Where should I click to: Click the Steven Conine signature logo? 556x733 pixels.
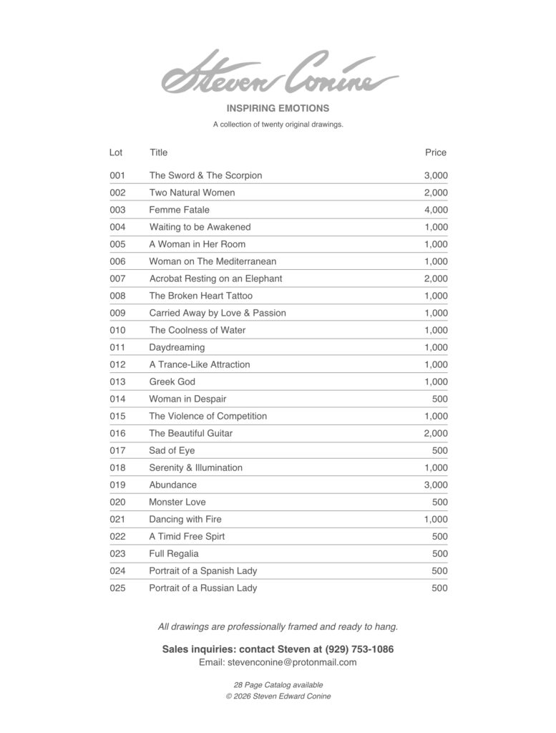280,74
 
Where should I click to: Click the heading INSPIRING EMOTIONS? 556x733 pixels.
278,108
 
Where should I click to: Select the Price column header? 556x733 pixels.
435,152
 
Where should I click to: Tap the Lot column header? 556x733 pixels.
116,152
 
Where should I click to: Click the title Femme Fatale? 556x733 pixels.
179,210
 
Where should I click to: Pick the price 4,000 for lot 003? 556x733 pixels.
436,210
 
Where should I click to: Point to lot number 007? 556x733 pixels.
117,278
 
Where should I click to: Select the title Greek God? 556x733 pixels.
172,382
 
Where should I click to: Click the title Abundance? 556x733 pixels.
172,485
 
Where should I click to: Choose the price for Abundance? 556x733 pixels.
436,485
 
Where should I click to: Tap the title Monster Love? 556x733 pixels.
177,502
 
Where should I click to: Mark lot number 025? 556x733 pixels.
117,588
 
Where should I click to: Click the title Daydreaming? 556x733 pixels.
177,347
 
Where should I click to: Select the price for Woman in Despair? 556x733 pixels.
440,399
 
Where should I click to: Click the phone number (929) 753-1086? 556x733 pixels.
359,649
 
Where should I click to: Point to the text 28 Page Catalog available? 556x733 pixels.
278,685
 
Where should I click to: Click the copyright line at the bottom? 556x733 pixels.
278,696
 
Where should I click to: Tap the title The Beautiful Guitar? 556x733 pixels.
190,433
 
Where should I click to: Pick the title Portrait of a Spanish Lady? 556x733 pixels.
203,571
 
